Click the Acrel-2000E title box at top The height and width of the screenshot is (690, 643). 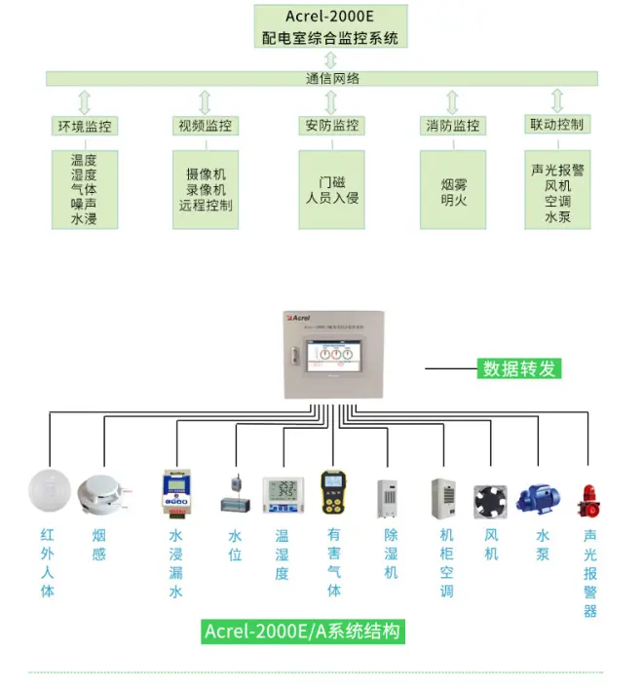(330, 26)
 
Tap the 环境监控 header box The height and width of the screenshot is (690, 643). (85, 126)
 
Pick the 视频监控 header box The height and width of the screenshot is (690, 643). (206, 126)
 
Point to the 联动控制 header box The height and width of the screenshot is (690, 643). (557, 125)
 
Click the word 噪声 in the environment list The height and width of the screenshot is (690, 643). (85, 206)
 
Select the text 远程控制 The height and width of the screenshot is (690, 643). (206, 206)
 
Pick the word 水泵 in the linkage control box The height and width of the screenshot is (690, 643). (557, 217)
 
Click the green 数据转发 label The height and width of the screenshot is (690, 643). (521, 369)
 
